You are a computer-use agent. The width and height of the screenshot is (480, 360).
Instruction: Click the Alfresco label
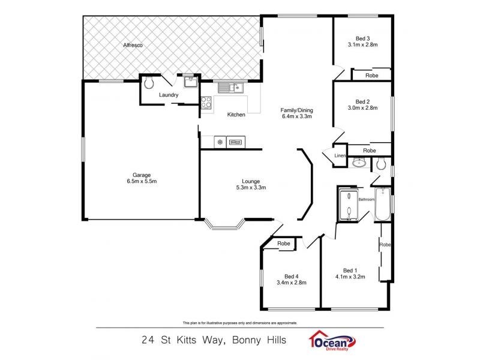132,46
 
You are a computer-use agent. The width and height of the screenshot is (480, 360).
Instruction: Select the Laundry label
169,95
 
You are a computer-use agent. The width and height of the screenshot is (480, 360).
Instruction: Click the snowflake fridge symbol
220,142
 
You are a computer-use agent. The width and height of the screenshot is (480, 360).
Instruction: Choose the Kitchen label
236,115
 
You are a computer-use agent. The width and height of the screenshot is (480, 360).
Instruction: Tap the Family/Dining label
297,110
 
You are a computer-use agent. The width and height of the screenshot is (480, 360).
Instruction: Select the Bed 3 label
362,38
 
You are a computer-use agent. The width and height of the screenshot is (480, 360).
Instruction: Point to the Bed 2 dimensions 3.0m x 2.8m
362,108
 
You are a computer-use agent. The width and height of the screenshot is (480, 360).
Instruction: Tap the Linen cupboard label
340,156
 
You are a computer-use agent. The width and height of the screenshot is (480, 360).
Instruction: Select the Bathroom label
366,199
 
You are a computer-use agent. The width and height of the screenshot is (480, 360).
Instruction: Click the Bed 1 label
350,270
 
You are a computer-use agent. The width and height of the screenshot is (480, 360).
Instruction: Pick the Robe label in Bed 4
284,244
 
